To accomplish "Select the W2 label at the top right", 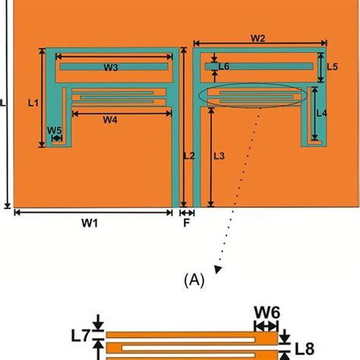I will tap(257, 38).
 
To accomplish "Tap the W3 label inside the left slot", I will tap(111, 68).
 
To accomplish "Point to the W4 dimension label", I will tap(110, 119).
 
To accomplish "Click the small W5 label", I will tap(54, 131).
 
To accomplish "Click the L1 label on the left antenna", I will tap(33, 100).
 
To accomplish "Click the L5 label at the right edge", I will tap(332, 68).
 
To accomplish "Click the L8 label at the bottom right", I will tap(304, 350).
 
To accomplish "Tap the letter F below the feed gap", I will tap(186, 224).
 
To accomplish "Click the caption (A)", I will tap(194, 280).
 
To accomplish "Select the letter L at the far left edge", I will tap(3, 106).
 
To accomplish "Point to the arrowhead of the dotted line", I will tap(219, 267).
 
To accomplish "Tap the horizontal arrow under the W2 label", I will tap(258, 47).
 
